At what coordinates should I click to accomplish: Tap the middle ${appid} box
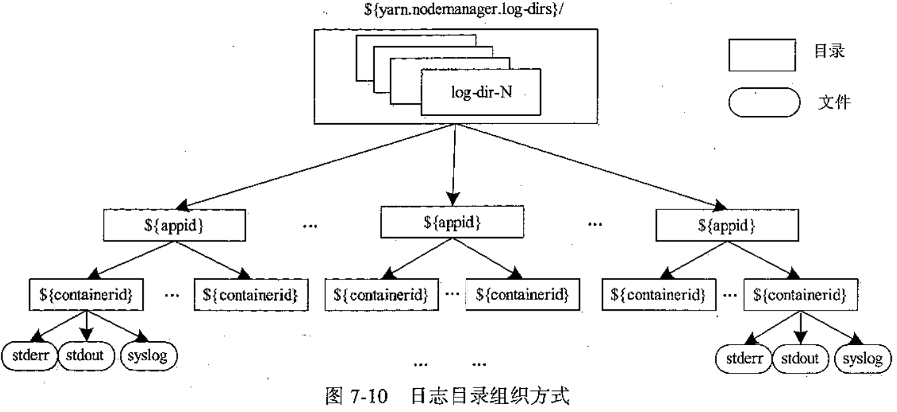click(x=453, y=221)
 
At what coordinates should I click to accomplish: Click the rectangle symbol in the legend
click(x=761, y=53)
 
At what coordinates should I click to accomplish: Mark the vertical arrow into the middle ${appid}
click(x=453, y=166)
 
